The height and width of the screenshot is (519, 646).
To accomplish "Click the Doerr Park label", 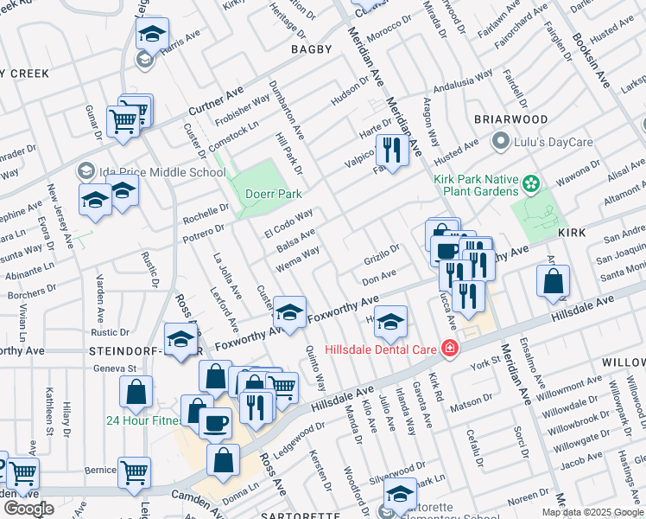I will click(273, 195).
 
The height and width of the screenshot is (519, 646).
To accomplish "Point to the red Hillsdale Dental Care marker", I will click(448, 349).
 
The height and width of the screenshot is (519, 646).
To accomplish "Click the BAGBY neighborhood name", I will click(311, 49).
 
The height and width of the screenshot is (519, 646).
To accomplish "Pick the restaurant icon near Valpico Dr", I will click(392, 151).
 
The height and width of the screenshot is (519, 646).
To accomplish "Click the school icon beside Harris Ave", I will click(153, 35).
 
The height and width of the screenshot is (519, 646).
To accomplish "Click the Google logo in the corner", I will click(28, 508).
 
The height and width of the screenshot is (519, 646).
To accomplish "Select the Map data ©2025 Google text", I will click(592, 512).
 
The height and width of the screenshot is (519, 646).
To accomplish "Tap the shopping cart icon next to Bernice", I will click(134, 471).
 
